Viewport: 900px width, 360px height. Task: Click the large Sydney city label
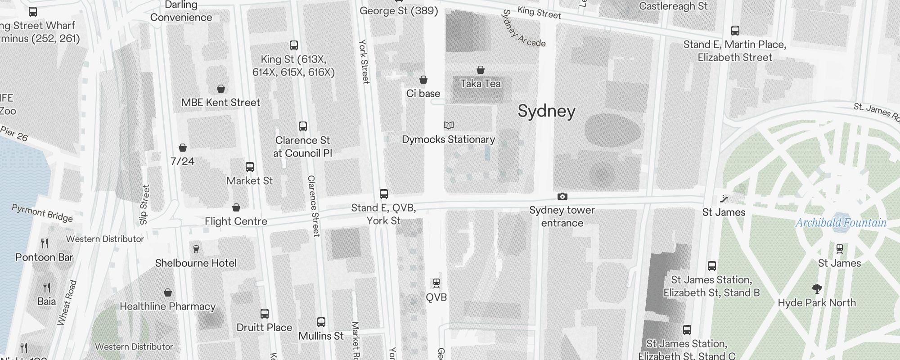(546, 111)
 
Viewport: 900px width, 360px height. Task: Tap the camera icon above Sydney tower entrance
(562, 197)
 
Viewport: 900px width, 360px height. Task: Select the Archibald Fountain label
(841, 223)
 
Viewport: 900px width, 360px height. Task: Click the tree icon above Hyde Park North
(817, 289)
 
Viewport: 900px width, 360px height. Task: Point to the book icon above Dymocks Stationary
(449, 125)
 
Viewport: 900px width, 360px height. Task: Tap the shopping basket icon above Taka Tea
(481, 70)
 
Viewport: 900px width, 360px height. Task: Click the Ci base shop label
(423, 94)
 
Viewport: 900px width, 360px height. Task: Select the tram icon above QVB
(436, 283)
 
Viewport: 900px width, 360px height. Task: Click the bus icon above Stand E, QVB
(384, 194)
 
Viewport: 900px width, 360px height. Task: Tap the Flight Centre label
(236, 221)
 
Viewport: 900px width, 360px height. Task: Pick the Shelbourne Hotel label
(196, 263)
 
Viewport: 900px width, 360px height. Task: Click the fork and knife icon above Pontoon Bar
(45, 243)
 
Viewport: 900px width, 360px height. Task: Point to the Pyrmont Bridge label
(42, 213)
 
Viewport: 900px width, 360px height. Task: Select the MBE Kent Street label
(220, 103)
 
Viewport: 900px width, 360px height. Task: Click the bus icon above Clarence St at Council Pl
(303, 126)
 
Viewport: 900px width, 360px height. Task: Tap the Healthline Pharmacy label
(167, 306)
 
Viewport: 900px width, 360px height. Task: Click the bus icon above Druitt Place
(265, 314)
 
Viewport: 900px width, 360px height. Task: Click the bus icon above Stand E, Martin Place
(735, 31)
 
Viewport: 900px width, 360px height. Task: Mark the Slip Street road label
(144, 205)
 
